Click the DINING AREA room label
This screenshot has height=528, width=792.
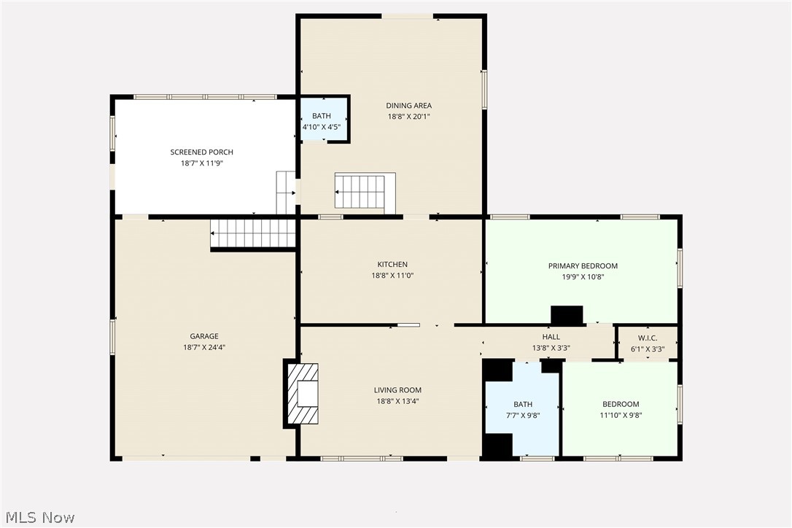(x=408, y=106)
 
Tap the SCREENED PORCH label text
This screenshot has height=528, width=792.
(x=202, y=152)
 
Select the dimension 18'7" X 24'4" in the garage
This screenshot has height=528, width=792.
(x=204, y=348)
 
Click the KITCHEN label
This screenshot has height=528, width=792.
(x=392, y=265)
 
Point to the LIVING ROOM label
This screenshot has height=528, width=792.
(x=397, y=390)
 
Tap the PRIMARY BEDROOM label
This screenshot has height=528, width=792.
(x=583, y=266)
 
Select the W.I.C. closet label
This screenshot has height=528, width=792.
(x=647, y=338)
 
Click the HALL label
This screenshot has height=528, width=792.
(x=551, y=337)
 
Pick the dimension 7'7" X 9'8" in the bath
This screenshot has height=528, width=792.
(x=523, y=416)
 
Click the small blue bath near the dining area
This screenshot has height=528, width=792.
(x=322, y=120)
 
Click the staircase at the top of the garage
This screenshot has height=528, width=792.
(x=253, y=234)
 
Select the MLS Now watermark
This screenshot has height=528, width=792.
(x=38, y=518)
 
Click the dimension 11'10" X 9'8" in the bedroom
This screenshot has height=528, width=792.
(x=621, y=416)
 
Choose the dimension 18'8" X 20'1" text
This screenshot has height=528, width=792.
(x=408, y=117)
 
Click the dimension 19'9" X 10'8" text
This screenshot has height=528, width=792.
(x=583, y=277)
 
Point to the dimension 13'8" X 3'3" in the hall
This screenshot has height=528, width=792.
(x=551, y=348)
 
